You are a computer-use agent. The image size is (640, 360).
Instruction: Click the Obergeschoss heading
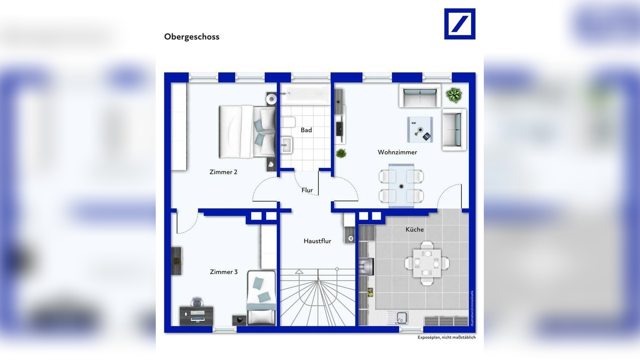click(x=192, y=37)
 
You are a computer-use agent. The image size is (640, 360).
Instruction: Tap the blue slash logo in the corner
click(x=460, y=24)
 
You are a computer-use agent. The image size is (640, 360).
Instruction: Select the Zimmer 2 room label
click(x=224, y=172)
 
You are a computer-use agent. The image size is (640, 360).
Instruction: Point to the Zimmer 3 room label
click(x=224, y=272)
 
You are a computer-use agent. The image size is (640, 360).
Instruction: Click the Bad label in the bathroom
click(x=306, y=130)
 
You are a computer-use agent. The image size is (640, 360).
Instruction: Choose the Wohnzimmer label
click(x=397, y=152)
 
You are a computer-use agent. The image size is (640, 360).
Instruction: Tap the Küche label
click(x=414, y=229)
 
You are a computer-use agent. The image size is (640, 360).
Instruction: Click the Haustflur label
click(x=317, y=241)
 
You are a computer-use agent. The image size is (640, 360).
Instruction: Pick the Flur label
click(x=307, y=190)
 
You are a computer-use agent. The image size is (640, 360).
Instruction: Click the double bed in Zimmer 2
click(x=247, y=132)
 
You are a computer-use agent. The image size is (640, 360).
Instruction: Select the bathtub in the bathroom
click(x=305, y=94)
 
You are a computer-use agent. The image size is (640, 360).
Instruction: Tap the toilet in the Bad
click(x=288, y=122)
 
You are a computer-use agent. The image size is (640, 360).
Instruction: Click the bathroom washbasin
click(x=286, y=145)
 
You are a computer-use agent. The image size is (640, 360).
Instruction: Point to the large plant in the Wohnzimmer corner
click(x=454, y=95)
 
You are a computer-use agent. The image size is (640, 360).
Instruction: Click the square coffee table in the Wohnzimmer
click(x=420, y=129)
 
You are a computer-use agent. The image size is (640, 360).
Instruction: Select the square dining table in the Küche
click(x=427, y=263)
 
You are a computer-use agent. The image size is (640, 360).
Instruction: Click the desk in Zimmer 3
click(x=196, y=316)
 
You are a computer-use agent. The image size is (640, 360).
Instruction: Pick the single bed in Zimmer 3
click(x=262, y=298)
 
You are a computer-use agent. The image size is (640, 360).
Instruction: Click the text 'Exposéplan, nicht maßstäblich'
click(x=447, y=337)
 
